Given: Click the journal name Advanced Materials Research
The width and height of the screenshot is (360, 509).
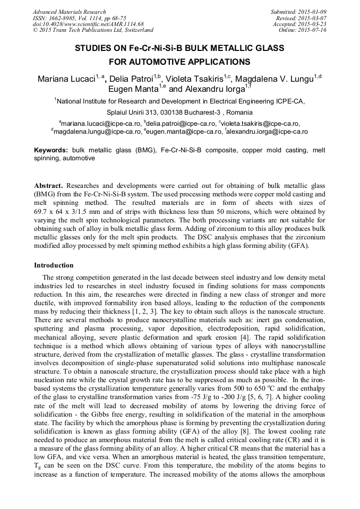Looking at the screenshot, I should [x=69, y=12].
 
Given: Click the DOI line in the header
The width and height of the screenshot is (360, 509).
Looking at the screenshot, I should [x=88, y=24].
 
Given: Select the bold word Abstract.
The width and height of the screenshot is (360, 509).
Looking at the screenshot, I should [x=48, y=186].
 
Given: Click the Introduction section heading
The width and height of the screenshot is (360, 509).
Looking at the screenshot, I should [x=54, y=265].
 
